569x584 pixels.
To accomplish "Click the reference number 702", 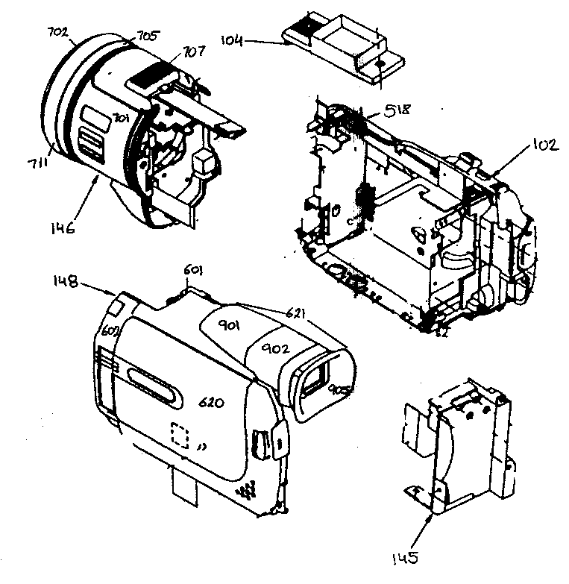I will [57, 33].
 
